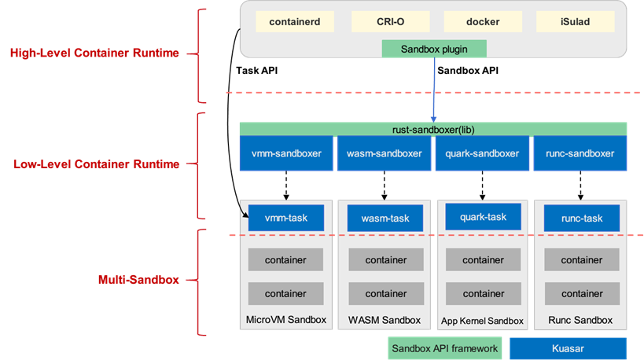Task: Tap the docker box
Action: pos(482,22)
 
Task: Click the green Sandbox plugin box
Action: pos(435,49)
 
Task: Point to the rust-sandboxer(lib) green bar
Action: pos(433,129)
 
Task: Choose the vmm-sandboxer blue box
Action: pos(286,153)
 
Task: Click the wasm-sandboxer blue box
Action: pos(385,153)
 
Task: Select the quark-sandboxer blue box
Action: pos(483,153)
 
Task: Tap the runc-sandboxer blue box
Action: pos(581,153)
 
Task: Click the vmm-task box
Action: pos(286,218)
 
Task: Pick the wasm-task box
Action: pos(385,218)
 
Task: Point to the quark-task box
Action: pos(483,217)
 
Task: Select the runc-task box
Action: pos(581,218)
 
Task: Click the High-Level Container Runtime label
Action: pos(94,53)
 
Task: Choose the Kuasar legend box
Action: pos(568,348)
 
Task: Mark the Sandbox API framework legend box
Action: pos(445,348)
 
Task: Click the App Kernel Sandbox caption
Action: pos(482,321)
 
